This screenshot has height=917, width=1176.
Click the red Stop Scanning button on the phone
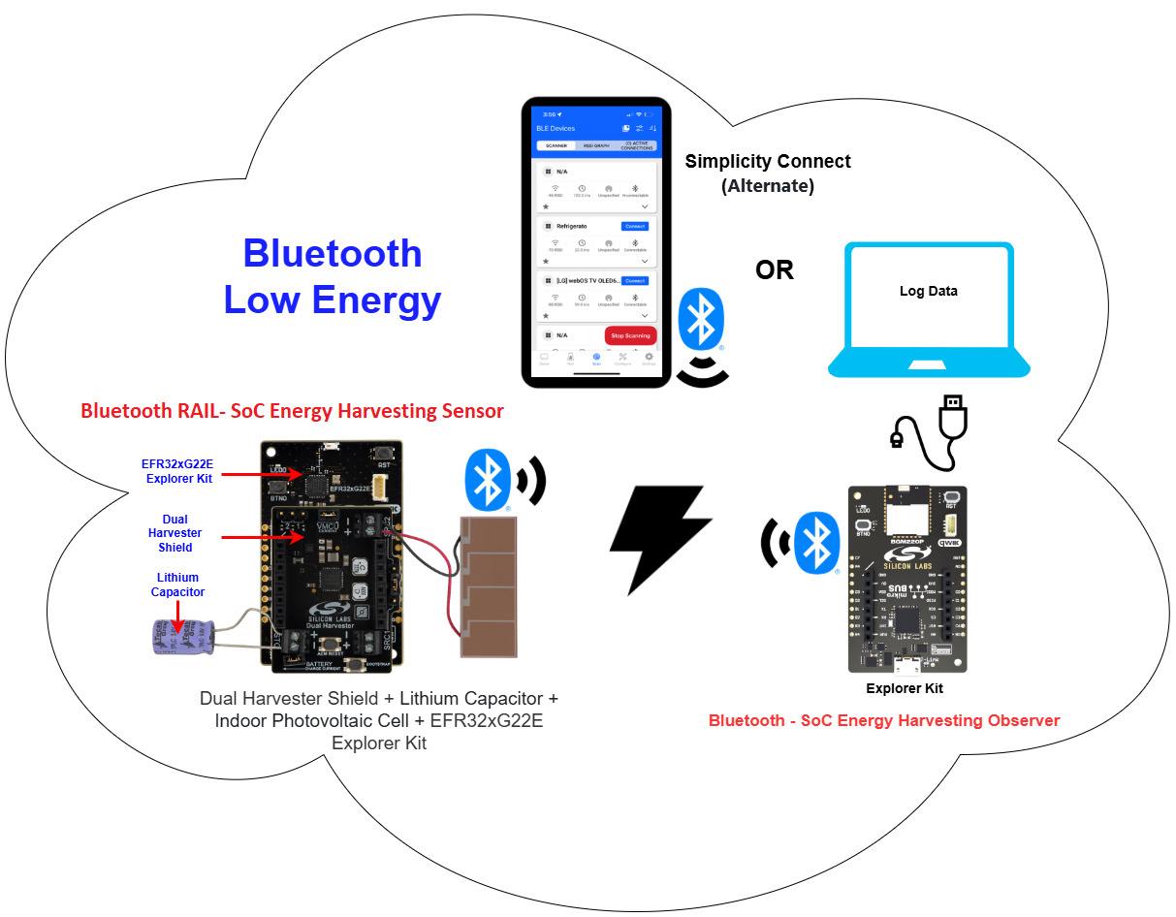tap(630, 335)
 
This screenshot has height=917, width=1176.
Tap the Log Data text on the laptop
tap(928, 291)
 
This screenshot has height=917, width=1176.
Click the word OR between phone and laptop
tap(775, 270)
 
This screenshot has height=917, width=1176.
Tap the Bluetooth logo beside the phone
tap(699, 320)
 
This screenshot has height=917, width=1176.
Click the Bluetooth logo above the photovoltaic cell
tap(488, 477)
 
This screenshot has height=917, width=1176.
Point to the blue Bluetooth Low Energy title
tap(333, 276)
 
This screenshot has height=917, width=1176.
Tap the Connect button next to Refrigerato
tap(634, 226)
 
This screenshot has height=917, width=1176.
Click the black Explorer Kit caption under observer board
tap(904, 688)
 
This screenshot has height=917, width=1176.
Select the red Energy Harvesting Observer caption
tap(883, 720)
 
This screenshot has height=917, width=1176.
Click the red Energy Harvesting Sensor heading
tap(292, 411)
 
